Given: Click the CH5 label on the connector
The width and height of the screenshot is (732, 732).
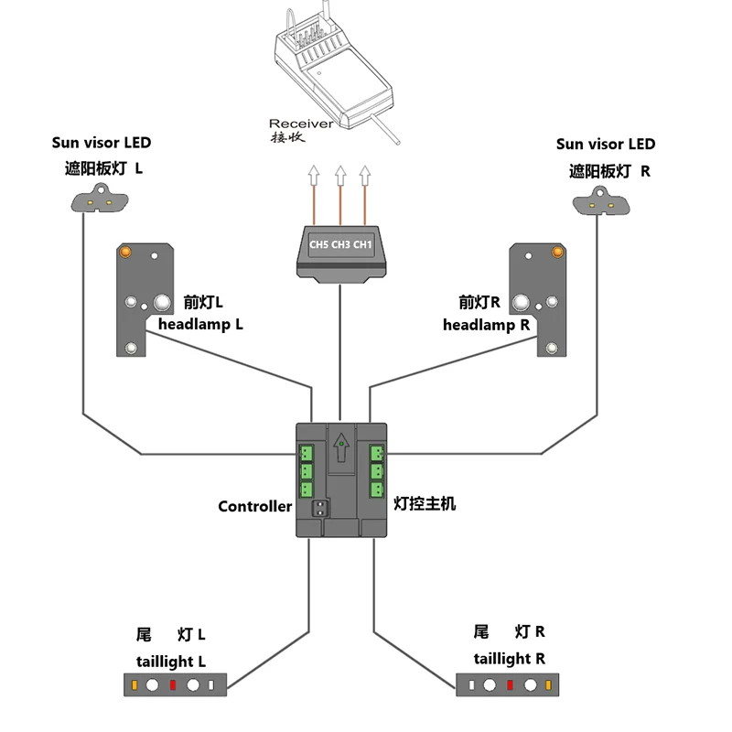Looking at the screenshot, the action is [x=318, y=244].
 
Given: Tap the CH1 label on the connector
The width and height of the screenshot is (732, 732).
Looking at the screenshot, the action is [x=362, y=244].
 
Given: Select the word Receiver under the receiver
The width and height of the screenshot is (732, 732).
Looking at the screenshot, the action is [x=301, y=124].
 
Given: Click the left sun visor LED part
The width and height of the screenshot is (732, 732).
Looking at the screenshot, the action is [x=100, y=199].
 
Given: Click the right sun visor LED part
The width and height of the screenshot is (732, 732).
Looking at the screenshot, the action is [x=601, y=201].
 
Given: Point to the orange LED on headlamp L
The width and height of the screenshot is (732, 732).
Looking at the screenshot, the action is [x=125, y=253].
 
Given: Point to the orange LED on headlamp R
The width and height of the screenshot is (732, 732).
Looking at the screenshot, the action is [x=557, y=253].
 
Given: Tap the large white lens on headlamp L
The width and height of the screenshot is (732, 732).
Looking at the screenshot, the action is [x=162, y=303].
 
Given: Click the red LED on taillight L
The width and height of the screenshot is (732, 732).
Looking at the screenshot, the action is [x=173, y=684].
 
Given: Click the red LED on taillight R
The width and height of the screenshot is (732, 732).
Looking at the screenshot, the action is [x=510, y=684].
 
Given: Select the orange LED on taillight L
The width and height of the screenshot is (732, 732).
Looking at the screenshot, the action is [x=135, y=684].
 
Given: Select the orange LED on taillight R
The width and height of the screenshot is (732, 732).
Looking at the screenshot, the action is [x=548, y=684].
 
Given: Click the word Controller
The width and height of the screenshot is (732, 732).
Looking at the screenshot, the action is [x=255, y=507].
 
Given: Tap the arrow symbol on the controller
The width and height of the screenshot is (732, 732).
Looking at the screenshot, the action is [x=341, y=447].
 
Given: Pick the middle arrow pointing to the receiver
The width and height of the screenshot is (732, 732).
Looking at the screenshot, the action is [x=340, y=195].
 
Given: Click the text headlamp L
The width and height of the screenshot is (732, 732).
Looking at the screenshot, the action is [x=200, y=325].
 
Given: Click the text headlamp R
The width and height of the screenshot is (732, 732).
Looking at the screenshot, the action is [x=487, y=325].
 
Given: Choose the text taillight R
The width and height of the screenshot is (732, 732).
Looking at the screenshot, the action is [x=510, y=659].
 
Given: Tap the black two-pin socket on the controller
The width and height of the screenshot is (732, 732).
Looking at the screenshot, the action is [x=320, y=508].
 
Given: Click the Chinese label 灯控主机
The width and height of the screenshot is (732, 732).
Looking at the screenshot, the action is [x=425, y=504].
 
